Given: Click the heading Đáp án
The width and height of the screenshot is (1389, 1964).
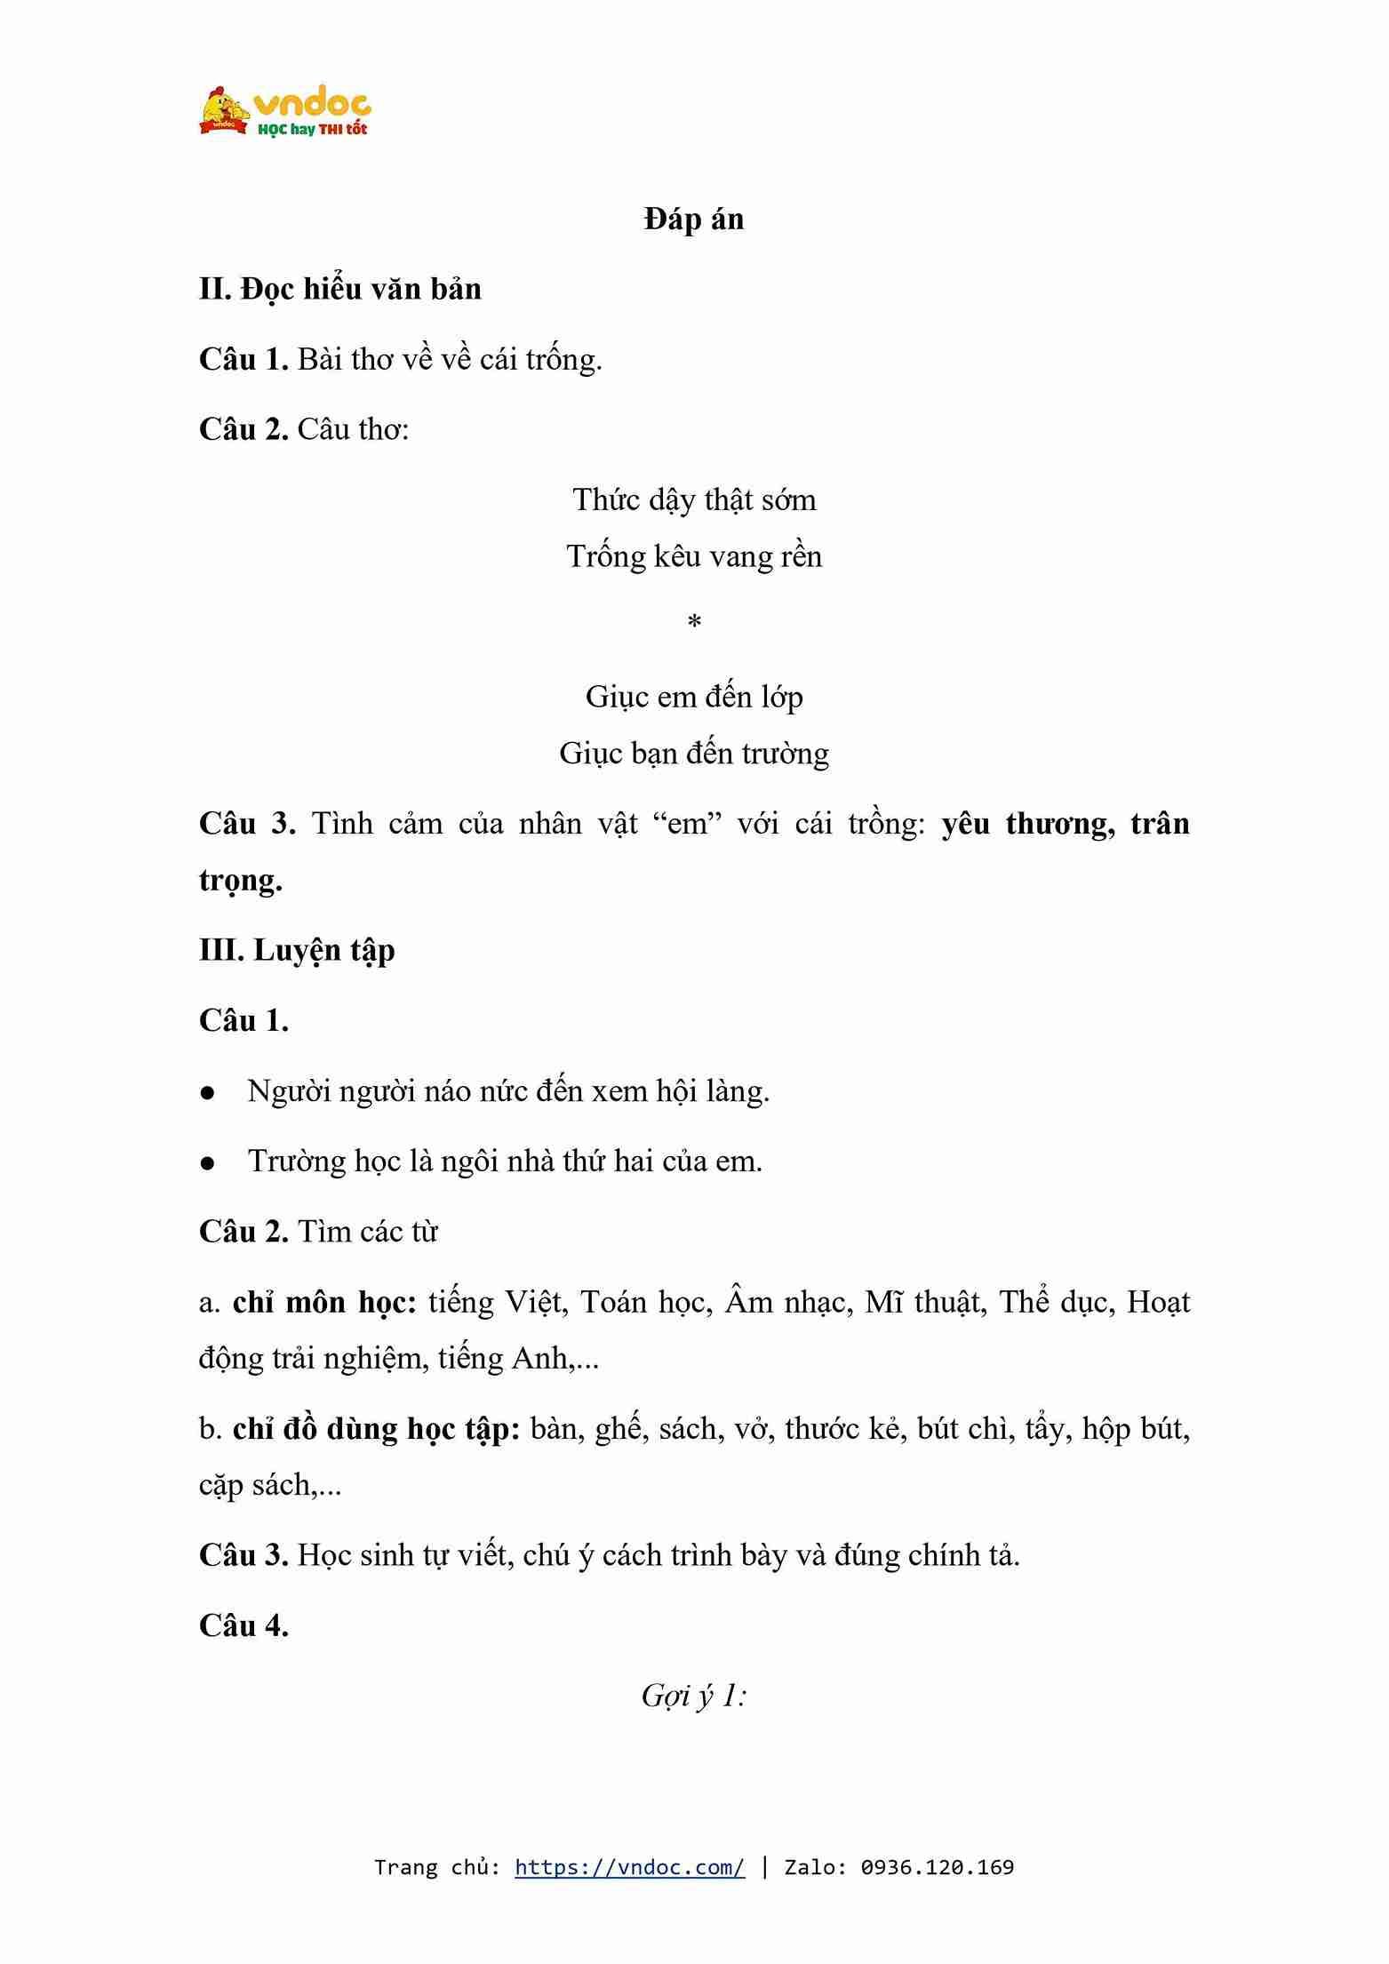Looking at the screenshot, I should point(694,220).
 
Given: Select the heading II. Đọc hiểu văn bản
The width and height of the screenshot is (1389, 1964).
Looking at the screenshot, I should point(340,290).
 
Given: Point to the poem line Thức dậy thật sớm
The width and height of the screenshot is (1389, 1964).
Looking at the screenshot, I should point(694,500).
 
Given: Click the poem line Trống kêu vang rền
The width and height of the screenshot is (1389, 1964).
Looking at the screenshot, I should point(694,557).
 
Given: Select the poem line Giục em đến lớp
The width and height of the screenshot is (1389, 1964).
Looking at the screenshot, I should point(694,698).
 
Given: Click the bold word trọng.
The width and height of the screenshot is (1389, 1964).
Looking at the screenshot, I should point(241,881).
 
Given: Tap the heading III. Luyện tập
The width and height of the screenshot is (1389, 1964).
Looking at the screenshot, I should point(297,951).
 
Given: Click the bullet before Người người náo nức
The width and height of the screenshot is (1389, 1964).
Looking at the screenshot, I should point(208,1093).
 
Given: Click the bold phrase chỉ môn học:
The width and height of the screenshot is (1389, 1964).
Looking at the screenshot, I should point(324,1303).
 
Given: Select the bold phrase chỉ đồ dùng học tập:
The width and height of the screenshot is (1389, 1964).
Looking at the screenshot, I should point(376,1429).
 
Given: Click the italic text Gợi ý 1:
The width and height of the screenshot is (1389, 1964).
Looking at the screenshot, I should point(694,1696).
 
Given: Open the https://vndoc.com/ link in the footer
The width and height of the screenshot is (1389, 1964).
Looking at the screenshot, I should point(629,1867).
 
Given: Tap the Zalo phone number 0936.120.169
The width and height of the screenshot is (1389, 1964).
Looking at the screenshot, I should point(937,1867).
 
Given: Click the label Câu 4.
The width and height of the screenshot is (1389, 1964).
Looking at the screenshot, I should point(244,1625).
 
